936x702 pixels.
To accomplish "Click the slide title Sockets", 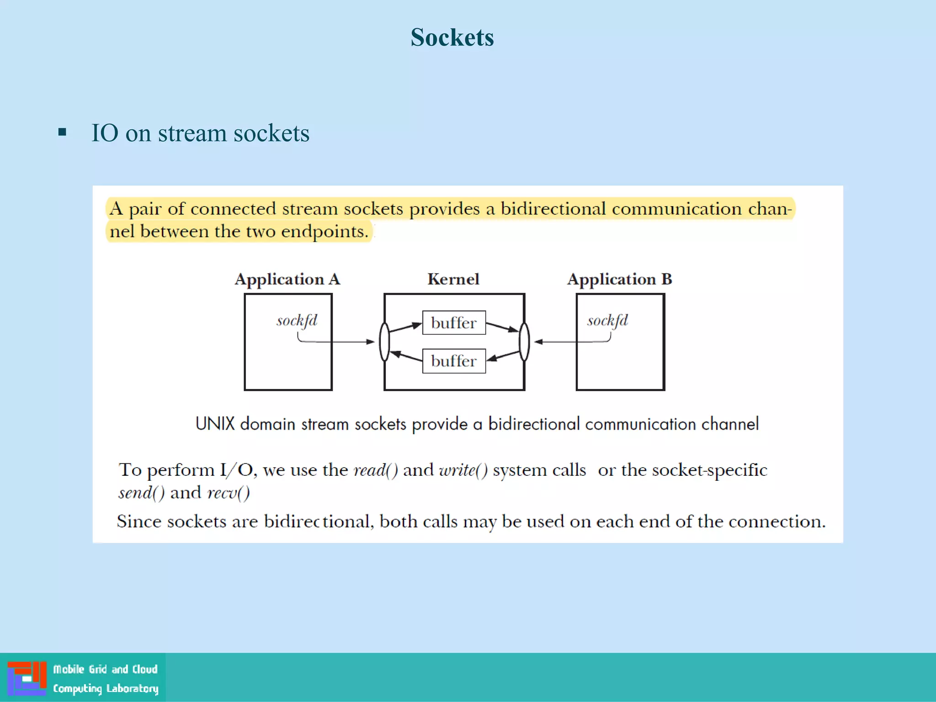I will pos(452,37).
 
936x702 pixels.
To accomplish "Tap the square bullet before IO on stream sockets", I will pos(63,133).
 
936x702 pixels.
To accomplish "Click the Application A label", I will pos(287,279).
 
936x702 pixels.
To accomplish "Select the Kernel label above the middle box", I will pos(453,279).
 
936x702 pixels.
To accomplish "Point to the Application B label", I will pos(619,279).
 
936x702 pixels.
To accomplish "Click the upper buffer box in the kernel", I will pos(454,323).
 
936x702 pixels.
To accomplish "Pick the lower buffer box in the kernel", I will pos(454,361).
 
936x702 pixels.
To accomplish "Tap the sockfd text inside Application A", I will pos(297,320).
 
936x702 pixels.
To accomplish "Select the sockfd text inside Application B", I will pos(607,320).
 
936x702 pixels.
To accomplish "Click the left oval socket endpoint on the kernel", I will pos(385,342).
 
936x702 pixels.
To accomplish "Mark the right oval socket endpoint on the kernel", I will pos(524,342).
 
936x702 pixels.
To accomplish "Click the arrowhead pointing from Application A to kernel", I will pos(371,341).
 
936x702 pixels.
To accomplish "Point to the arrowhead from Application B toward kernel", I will pos(538,341).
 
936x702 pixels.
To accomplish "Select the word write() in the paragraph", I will pos(463,470).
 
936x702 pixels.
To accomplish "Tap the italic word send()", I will pos(141,493).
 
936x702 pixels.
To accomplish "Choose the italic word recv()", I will pos(229,493).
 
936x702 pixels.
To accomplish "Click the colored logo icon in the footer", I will pos(27,678).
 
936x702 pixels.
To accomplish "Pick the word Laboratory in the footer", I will pos(132,688).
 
